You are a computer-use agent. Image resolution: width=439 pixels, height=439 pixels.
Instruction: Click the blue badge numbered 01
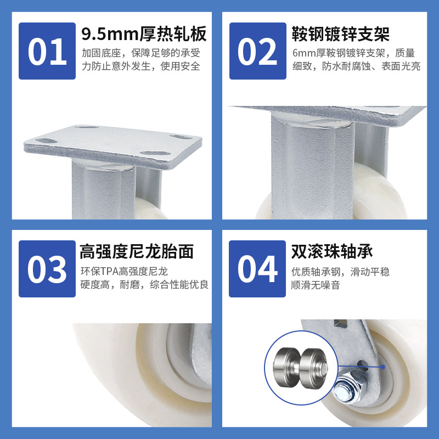point(47,51)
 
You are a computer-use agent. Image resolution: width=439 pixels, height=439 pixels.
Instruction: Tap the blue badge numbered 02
point(257,51)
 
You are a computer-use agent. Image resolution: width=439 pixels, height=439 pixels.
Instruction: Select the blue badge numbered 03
point(47,269)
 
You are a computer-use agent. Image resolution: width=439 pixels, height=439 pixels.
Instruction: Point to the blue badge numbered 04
point(257,269)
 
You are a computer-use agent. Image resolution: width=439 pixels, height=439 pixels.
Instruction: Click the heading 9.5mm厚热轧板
point(144,34)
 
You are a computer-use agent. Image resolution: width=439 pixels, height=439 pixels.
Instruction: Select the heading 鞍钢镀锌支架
point(341,34)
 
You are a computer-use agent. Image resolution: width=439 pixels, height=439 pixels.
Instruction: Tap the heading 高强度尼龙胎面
point(137,251)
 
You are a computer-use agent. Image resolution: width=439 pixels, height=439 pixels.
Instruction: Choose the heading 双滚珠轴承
point(332,251)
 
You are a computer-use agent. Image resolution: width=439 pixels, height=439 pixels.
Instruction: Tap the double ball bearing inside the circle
point(300,368)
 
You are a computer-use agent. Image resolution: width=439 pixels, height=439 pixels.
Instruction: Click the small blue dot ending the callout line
point(382,367)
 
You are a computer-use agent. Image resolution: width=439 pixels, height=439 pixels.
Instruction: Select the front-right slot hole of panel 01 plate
point(155,154)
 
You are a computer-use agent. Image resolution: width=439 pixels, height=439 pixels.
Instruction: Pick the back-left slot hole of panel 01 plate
point(87,127)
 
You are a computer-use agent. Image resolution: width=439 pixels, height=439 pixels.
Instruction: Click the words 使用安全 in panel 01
point(181,66)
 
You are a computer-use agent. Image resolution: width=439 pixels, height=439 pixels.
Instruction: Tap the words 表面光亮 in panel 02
point(401,66)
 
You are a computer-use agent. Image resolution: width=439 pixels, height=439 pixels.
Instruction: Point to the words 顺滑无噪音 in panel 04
point(316,285)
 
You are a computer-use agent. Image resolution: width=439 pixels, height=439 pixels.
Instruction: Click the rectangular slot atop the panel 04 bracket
point(340,323)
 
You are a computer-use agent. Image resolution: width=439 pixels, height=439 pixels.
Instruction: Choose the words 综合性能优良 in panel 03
point(179,285)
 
